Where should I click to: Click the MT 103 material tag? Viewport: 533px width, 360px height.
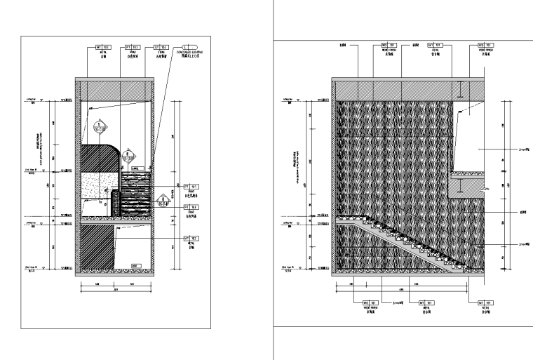(103, 48)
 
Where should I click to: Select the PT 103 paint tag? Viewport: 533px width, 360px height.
(131, 48)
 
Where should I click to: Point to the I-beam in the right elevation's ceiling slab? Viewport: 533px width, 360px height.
(458, 90)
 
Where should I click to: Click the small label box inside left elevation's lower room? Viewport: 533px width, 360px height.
(135, 264)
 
